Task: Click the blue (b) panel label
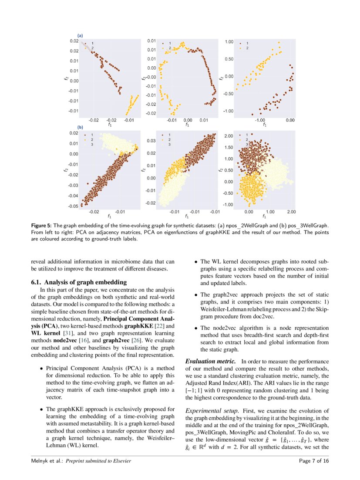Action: point(80,128)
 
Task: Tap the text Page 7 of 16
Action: point(314,461)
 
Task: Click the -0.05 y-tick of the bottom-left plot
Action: point(73,206)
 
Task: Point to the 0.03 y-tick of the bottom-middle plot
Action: point(151,141)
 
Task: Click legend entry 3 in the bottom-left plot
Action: point(92,144)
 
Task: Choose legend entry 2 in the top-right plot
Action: point(247,48)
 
